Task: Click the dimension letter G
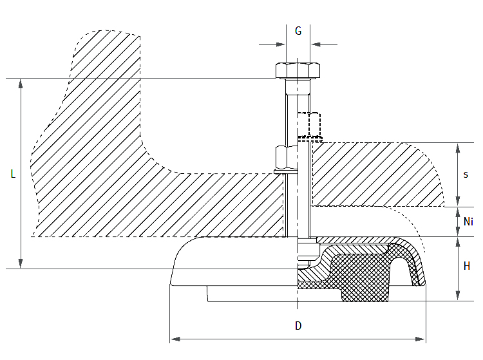298,30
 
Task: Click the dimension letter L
12,174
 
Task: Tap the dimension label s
466,175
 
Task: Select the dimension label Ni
468,222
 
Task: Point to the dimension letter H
467,266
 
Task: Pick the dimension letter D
298,326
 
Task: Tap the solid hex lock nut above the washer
286,156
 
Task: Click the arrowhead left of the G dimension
281,44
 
